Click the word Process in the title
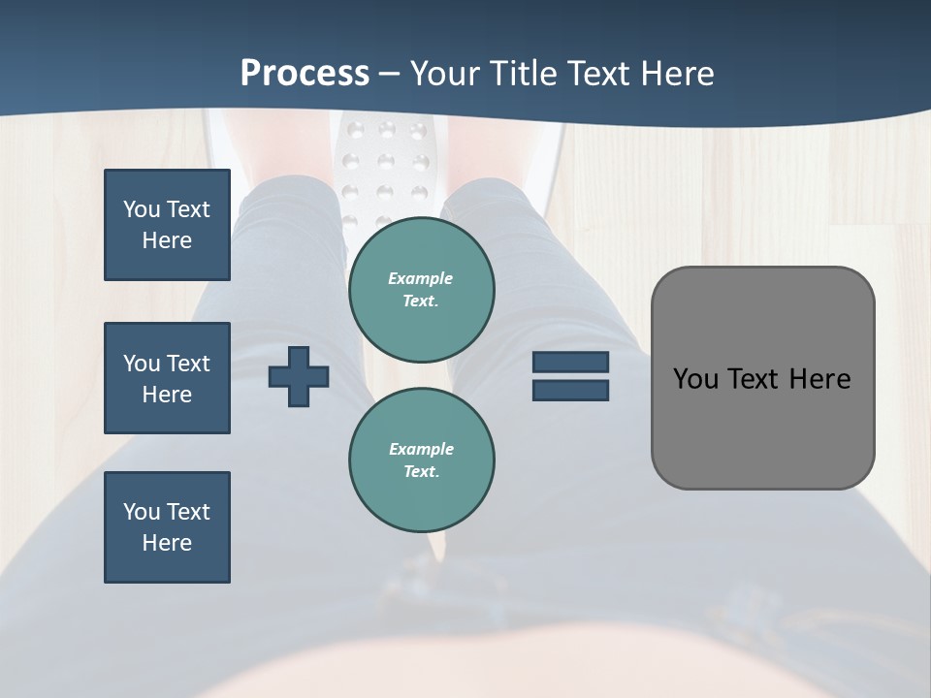pyautogui.click(x=305, y=74)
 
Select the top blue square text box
pyautogui.click(x=167, y=225)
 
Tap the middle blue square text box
pyautogui.click(x=167, y=378)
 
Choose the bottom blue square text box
pyautogui.click(x=167, y=527)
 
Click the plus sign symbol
pyautogui.click(x=299, y=376)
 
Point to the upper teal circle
pyautogui.click(x=421, y=290)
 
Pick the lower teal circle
pyautogui.click(x=421, y=460)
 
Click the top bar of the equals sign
pyautogui.click(x=570, y=363)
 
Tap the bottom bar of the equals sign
pyautogui.click(x=570, y=390)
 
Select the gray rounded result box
pyautogui.click(x=762, y=378)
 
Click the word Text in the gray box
pyautogui.click(x=755, y=379)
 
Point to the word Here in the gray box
pyautogui.click(x=819, y=379)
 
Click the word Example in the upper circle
pyautogui.click(x=421, y=278)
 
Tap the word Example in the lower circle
pyautogui.click(x=421, y=449)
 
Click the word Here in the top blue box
pyautogui.click(x=167, y=240)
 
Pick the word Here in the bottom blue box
pyautogui.click(x=167, y=543)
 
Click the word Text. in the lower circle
pyautogui.click(x=421, y=472)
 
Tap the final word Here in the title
pyautogui.click(x=680, y=74)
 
